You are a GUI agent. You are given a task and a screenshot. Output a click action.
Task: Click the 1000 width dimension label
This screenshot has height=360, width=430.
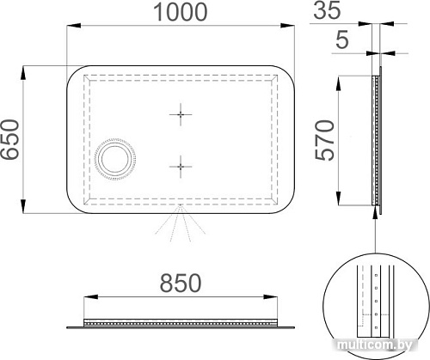(x=181, y=12)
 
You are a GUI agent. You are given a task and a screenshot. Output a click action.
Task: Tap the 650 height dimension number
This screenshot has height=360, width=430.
(x=9, y=139)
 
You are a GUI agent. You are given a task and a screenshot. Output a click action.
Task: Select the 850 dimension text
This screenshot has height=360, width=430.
(x=181, y=283)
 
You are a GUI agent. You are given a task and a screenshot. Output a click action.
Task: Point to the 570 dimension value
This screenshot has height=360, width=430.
(x=325, y=140)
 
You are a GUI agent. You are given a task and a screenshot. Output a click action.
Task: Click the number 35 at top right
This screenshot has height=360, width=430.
(x=328, y=10)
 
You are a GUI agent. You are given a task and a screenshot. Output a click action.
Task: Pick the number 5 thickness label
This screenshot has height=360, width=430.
(x=342, y=40)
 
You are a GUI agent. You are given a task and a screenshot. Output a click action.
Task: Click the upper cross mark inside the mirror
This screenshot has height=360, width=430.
(x=181, y=114)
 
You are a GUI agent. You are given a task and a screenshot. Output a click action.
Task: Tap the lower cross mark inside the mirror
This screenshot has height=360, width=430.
(x=181, y=167)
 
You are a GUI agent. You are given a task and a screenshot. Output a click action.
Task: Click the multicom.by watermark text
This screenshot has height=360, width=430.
(x=375, y=345)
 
